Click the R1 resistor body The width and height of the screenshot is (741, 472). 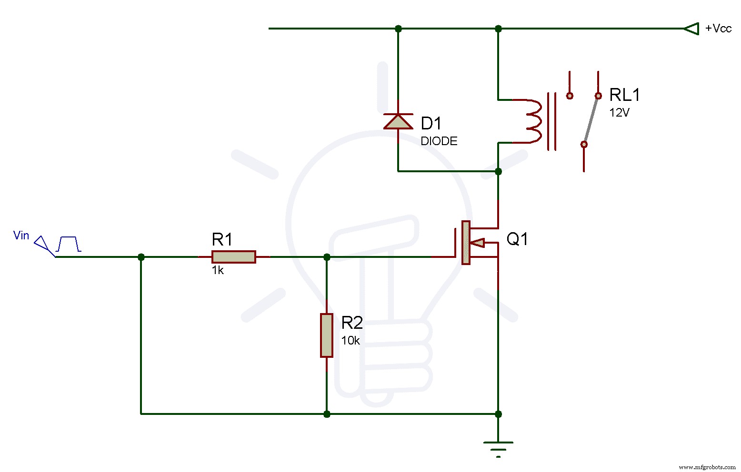[233, 257]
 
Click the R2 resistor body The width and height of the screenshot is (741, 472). [327, 335]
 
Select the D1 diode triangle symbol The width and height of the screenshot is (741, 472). [398, 121]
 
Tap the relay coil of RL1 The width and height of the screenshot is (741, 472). [532, 121]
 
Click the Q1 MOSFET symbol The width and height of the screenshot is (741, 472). [469, 243]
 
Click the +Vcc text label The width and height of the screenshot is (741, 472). [718, 29]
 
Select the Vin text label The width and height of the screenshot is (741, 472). [21, 236]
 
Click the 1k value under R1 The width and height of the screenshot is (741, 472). [218, 271]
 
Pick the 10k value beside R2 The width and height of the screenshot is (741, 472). [350, 341]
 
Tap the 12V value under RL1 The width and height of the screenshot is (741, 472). [619, 113]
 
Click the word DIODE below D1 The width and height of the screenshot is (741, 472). [439, 141]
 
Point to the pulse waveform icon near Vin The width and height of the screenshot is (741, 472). [69, 244]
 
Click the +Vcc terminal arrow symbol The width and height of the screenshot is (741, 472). [691, 29]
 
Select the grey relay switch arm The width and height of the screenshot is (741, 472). [591, 120]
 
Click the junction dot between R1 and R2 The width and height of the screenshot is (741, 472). [327, 257]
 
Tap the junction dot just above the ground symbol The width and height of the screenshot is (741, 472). [498, 414]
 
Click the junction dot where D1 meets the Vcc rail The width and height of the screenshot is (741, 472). [398, 29]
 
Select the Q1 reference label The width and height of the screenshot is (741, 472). [517, 239]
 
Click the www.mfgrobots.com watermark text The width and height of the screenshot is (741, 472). [707, 467]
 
